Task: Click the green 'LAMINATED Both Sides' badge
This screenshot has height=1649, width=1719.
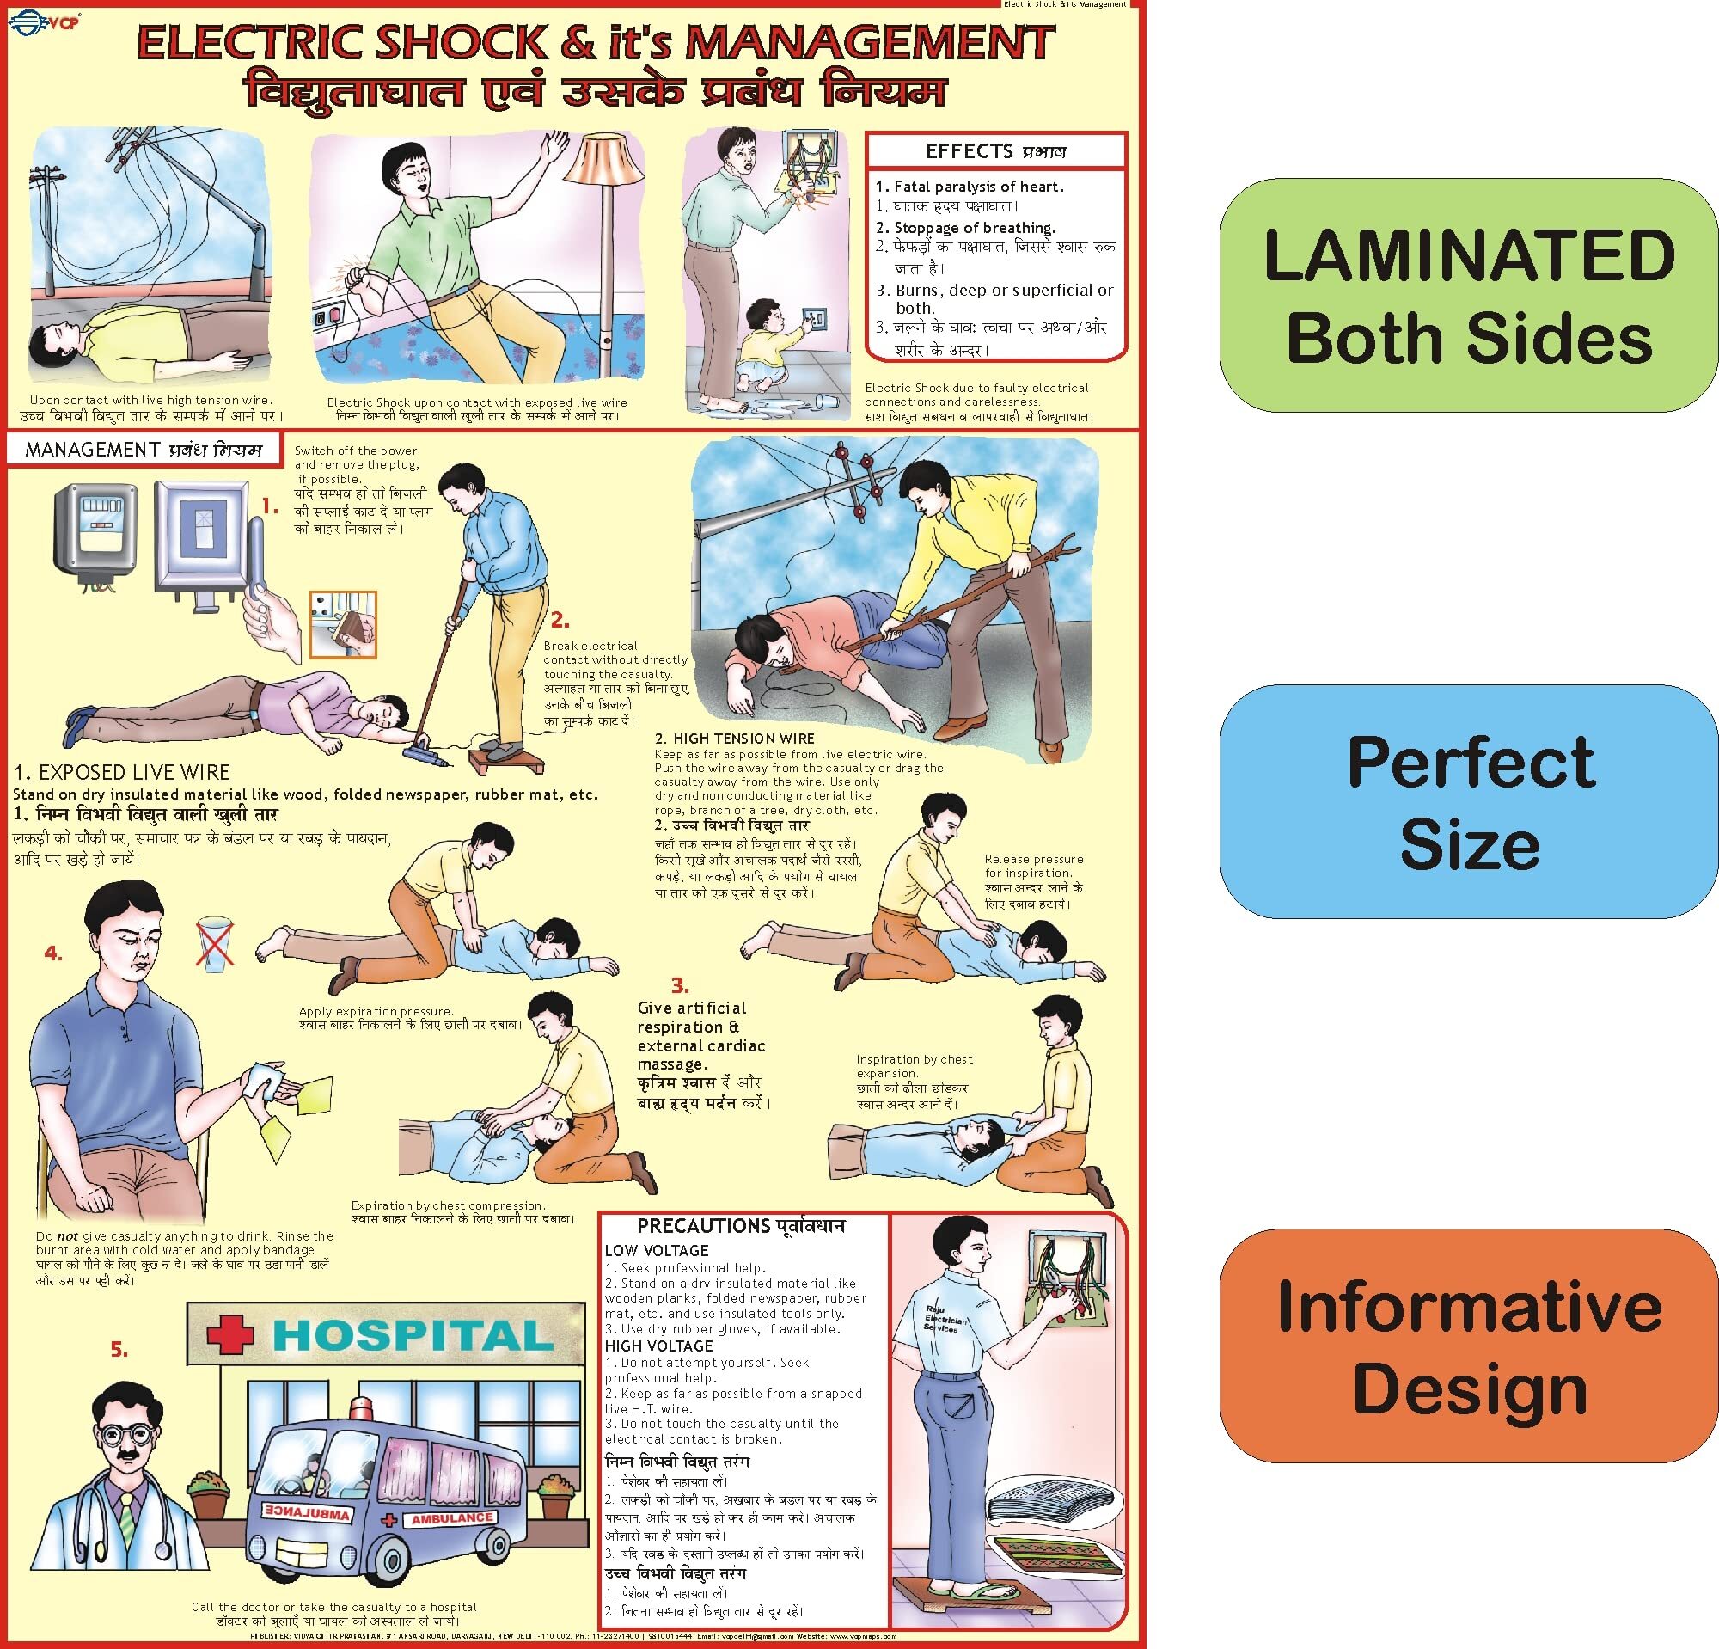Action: point(1469,295)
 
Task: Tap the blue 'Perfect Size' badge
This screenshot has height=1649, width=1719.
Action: point(1469,801)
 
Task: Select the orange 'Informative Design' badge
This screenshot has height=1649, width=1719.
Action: point(1469,1346)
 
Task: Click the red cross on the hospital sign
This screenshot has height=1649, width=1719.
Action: point(230,1335)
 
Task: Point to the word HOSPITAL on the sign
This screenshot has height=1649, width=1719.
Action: point(413,1335)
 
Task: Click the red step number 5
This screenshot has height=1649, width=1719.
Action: point(119,1351)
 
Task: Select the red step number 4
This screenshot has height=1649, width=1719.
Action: point(53,953)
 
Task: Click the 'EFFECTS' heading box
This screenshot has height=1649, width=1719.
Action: point(995,151)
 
